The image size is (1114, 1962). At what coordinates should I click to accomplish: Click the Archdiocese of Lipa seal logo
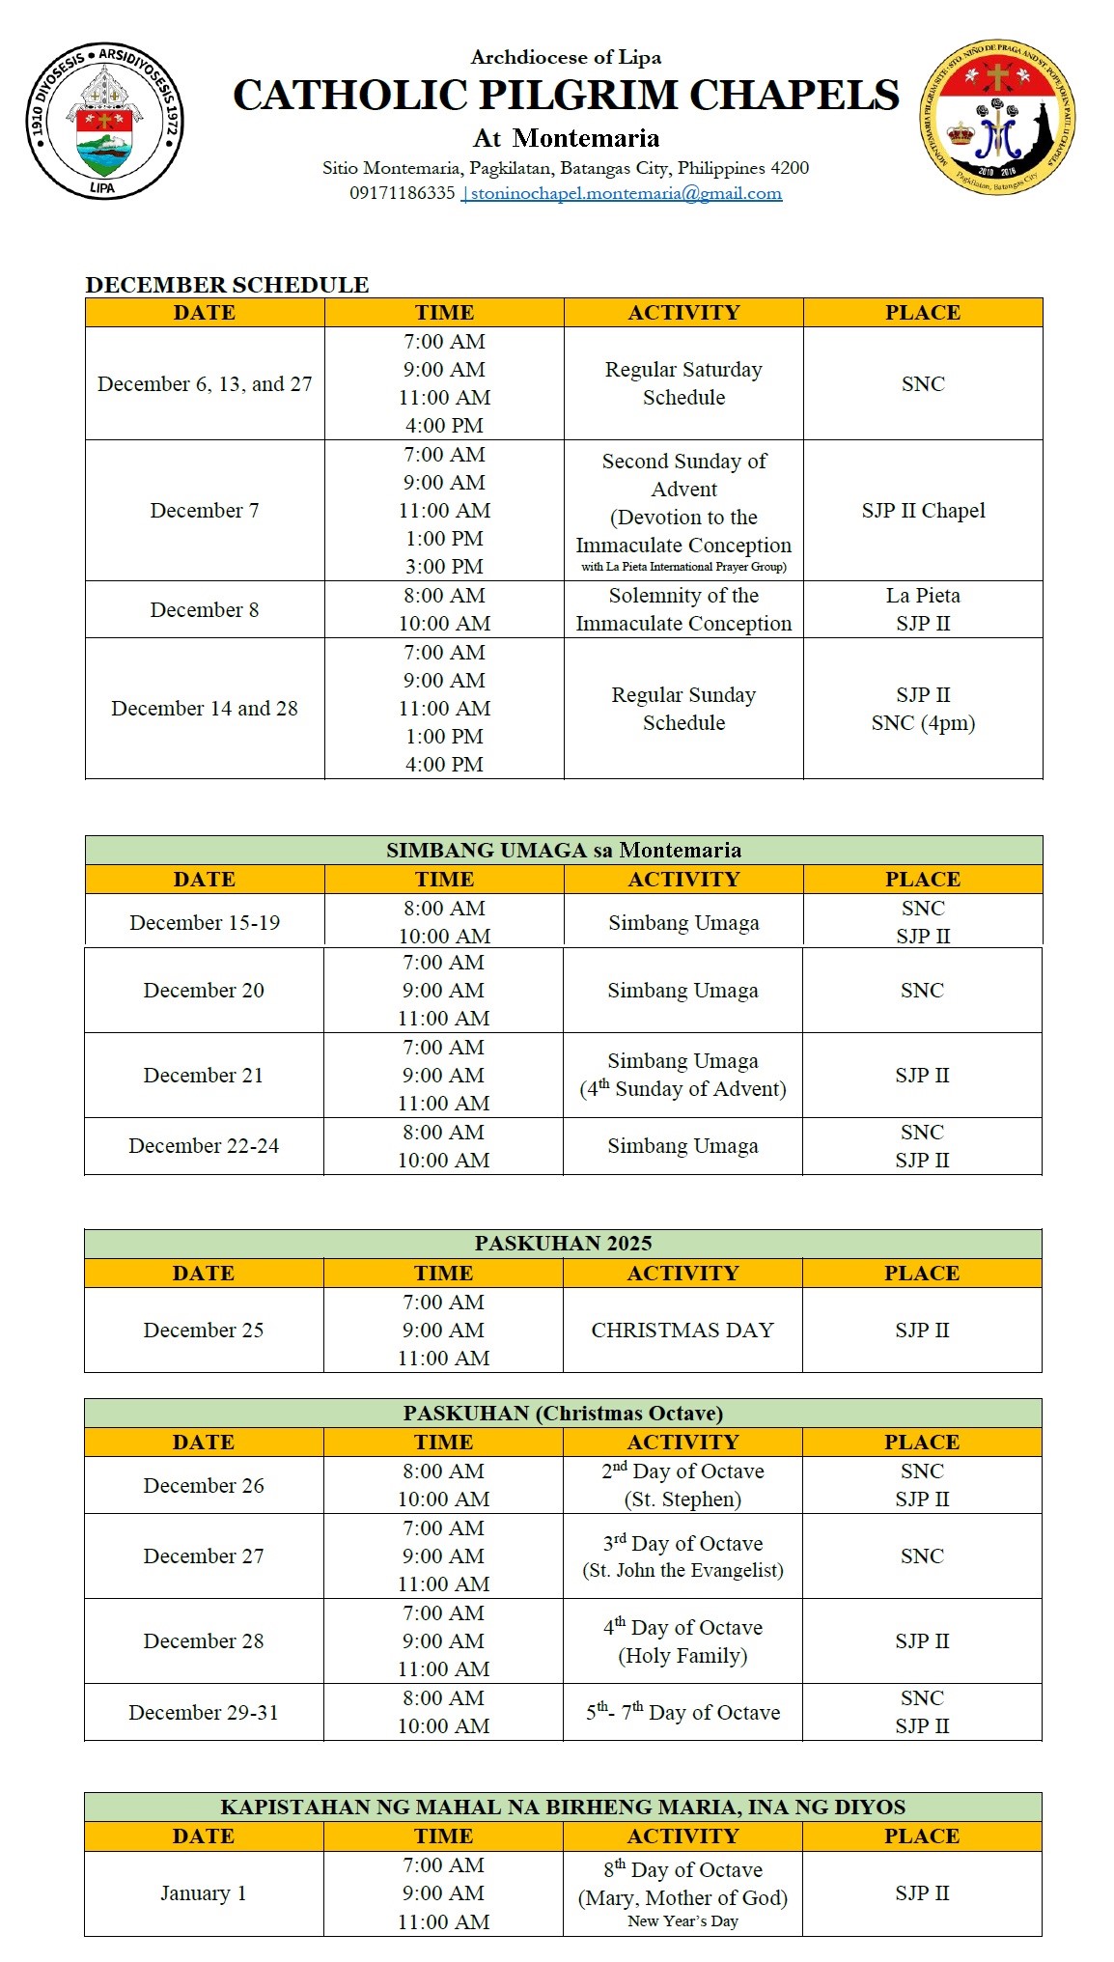103,121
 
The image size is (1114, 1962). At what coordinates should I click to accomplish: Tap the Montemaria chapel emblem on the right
997,118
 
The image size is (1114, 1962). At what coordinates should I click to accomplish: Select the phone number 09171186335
402,193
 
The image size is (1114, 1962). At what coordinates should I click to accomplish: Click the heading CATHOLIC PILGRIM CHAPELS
566,96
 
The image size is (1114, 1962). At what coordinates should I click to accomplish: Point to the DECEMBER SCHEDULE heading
227,285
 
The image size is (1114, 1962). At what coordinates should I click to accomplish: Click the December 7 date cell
205,510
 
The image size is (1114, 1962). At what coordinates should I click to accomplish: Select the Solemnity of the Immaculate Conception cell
683,609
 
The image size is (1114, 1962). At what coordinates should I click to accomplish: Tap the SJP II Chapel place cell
923,510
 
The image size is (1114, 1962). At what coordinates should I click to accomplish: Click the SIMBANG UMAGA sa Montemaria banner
564,850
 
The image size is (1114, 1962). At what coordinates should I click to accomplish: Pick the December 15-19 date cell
205,922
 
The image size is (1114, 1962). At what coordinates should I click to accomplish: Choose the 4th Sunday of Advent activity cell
682,1075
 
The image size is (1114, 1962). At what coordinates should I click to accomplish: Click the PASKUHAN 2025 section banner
563,1243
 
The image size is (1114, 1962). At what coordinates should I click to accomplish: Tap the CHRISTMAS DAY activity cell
682,1330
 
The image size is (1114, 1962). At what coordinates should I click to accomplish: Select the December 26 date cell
204,1485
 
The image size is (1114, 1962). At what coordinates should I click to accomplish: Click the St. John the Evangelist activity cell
682,1556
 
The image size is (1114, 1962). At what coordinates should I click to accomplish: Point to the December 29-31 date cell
204,1712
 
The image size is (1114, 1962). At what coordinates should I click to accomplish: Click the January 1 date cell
204,1892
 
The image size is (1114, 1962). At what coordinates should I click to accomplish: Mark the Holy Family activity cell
682,1640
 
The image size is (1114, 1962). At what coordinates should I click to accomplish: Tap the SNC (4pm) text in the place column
923,723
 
